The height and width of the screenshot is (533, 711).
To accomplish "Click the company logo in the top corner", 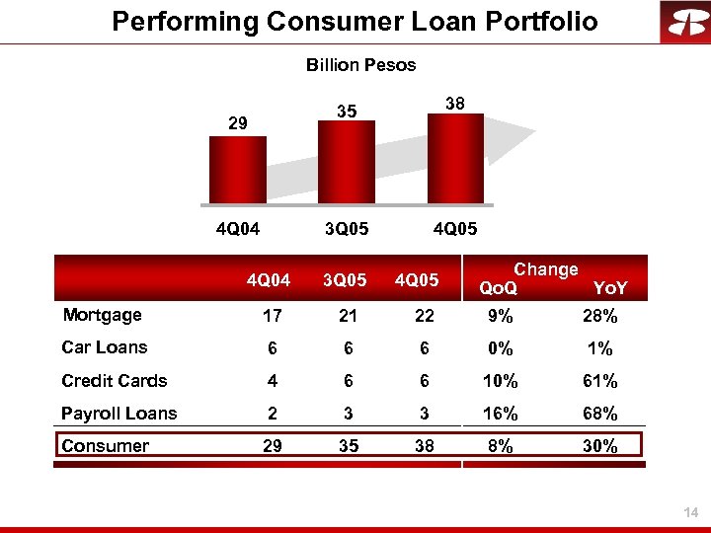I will [684, 23].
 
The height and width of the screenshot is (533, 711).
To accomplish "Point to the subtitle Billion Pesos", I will [360, 65].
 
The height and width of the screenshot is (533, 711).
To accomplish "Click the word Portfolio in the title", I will [537, 21].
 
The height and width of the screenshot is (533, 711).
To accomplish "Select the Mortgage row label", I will [102, 315].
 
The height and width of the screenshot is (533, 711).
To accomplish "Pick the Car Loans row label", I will [104, 347].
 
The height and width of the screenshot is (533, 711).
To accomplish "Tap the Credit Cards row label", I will [114, 381].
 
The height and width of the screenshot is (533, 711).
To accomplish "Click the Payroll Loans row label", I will [118, 414].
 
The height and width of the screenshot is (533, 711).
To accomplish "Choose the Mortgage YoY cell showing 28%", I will [599, 317].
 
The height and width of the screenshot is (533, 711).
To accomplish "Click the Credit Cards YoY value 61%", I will [599, 382].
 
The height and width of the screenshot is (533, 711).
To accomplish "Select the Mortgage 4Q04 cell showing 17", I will [273, 317].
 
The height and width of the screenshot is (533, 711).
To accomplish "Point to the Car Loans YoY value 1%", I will [599, 349].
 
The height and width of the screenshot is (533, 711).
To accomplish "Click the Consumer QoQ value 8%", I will [501, 447].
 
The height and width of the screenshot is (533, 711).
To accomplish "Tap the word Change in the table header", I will [546, 269].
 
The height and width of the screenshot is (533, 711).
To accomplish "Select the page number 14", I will [691, 512].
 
